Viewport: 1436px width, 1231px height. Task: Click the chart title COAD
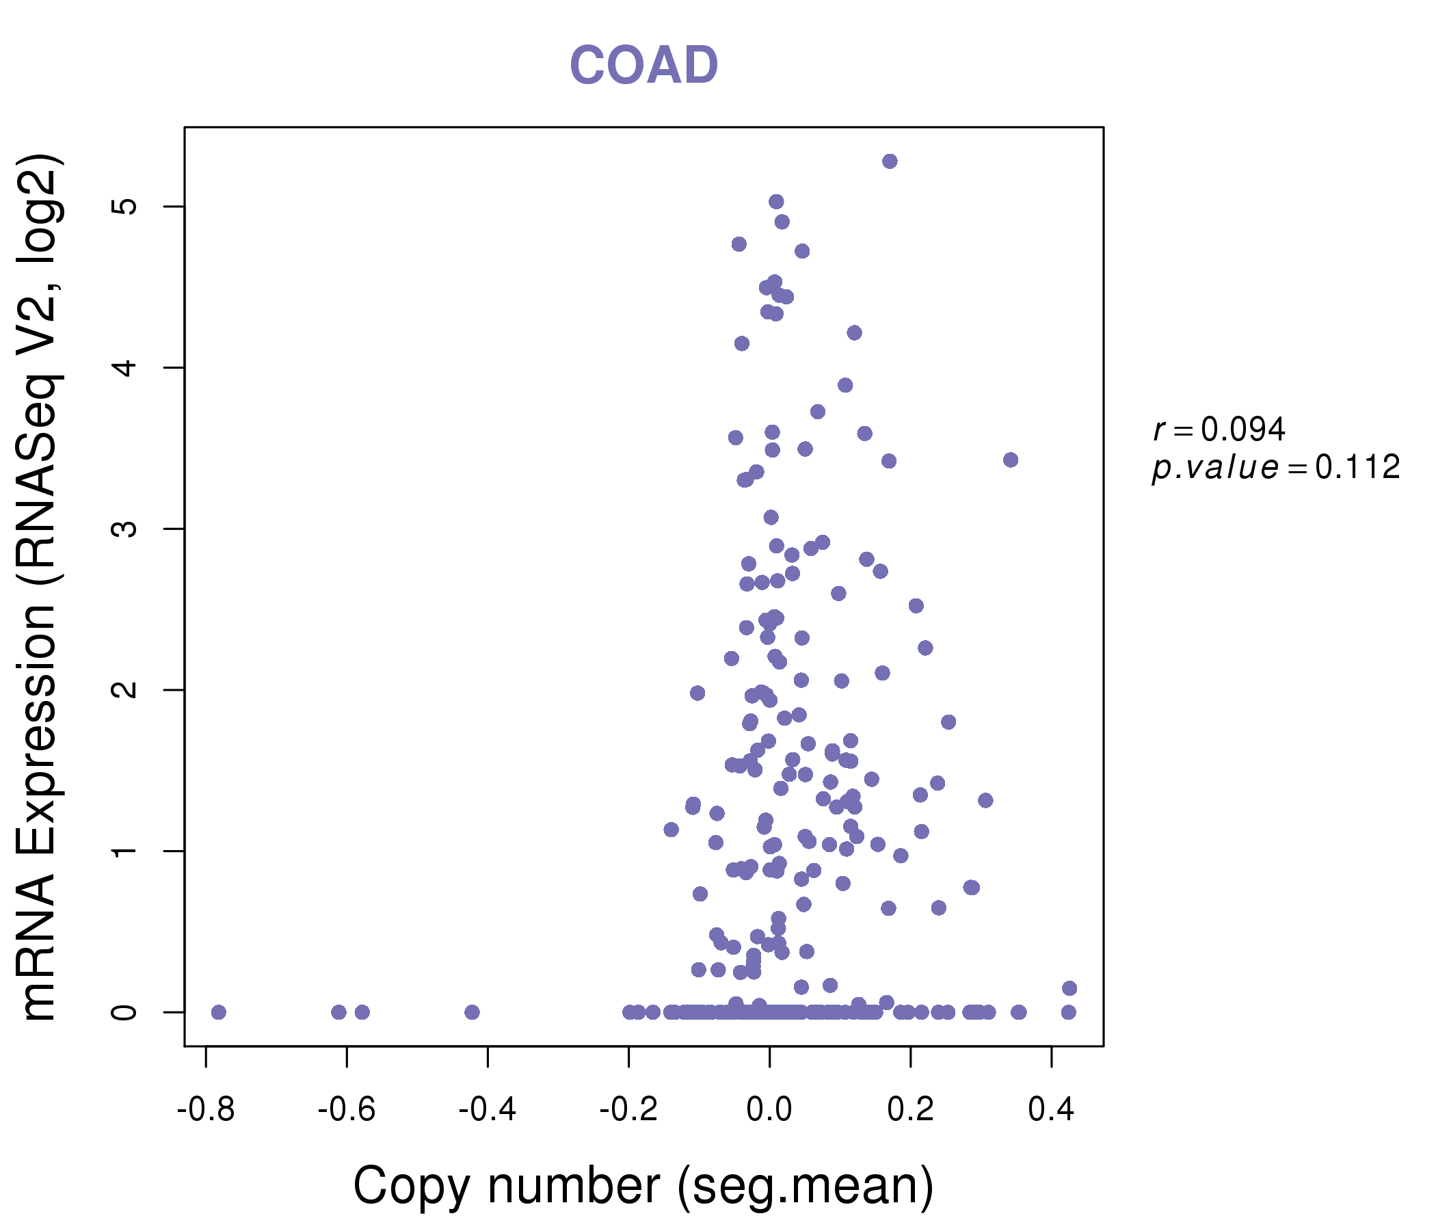(x=643, y=66)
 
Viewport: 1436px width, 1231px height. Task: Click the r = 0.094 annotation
(x=1219, y=429)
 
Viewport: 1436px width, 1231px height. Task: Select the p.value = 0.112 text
(x=1275, y=468)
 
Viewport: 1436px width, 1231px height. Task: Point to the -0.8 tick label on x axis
(x=206, y=1110)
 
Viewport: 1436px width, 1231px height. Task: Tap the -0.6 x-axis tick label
(x=347, y=1110)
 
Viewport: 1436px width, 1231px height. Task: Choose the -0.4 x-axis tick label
(x=487, y=1110)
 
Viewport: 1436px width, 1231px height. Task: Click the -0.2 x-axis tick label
(x=628, y=1110)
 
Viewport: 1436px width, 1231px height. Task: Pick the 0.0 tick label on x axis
(x=769, y=1110)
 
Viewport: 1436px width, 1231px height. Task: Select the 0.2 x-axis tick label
(x=910, y=1110)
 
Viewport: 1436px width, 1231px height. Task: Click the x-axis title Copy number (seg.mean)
(x=643, y=1187)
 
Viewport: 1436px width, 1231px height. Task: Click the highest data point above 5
(x=890, y=161)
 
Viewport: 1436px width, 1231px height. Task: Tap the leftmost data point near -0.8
(x=218, y=1013)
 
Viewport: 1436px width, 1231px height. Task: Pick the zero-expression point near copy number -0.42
(x=472, y=1013)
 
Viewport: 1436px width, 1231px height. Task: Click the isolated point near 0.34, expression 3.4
(x=1011, y=460)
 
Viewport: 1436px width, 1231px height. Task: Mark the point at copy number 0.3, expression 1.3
(x=985, y=801)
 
